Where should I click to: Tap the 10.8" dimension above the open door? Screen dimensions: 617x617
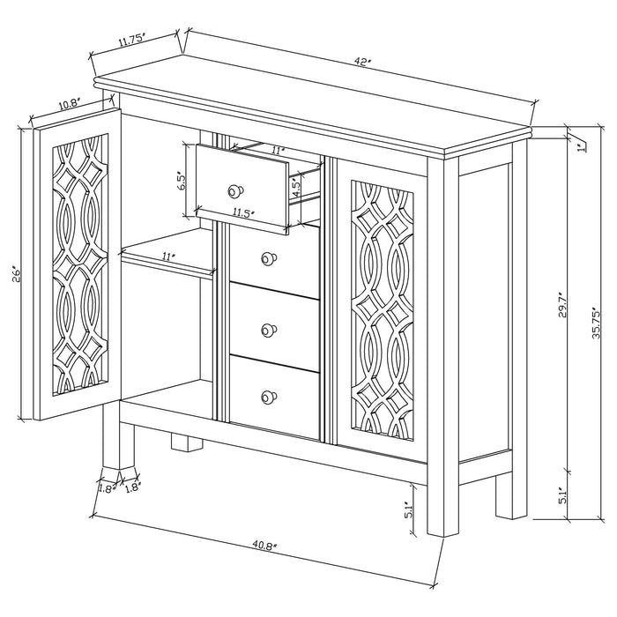tap(70, 104)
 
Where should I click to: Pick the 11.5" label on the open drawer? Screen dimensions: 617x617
tap(243, 212)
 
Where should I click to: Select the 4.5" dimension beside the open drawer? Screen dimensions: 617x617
tap(296, 191)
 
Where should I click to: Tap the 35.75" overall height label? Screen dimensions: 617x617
tap(596, 324)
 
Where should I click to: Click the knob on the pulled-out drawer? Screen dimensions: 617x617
tap(234, 190)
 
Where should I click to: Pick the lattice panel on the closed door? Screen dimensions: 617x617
tap(382, 313)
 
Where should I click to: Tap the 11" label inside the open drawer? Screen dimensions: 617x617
tap(278, 152)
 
